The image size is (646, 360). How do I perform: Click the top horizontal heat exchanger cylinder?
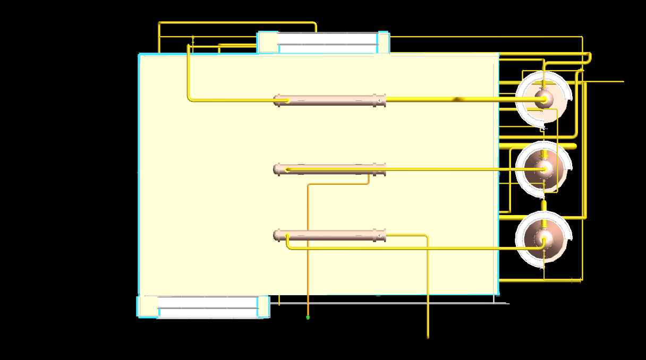click(329, 100)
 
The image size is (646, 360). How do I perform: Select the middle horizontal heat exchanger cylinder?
click(329, 170)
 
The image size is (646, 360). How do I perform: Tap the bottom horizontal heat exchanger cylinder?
click(329, 235)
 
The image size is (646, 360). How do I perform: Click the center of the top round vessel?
click(543, 99)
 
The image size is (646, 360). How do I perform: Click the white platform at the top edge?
click(327, 43)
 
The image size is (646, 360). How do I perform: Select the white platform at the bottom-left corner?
click(208, 307)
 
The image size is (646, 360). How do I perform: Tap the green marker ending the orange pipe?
click(308, 318)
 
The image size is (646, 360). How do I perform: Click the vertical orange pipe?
click(308, 250)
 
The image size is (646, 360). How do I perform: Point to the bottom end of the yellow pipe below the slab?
click(428, 336)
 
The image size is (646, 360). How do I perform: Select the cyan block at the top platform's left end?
click(268, 42)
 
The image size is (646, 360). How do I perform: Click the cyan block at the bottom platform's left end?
click(148, 306)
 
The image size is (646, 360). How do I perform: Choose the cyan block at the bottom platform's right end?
click(263, 306)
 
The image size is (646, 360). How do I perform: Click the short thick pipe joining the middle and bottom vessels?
click(543, 205)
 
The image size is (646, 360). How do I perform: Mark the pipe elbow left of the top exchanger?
click(190, 98)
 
